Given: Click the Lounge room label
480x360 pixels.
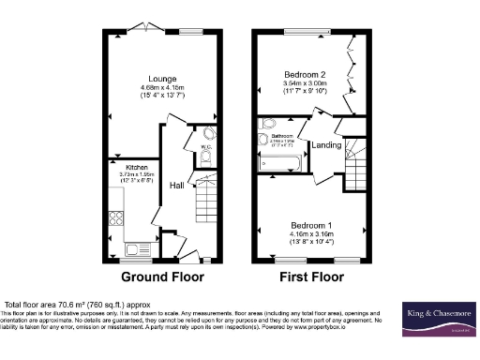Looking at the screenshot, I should tap(155, 80).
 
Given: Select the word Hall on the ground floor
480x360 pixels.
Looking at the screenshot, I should tap(175, 186).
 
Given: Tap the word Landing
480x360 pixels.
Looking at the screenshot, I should tap(326, 144).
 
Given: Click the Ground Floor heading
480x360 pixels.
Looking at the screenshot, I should tap(161, 277).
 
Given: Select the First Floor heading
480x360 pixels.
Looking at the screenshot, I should tap(311, 277).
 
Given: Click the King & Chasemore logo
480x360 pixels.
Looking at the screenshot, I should tap(437, 316).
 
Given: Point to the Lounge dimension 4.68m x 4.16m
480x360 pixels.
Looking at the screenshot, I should tap(155, 90).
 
